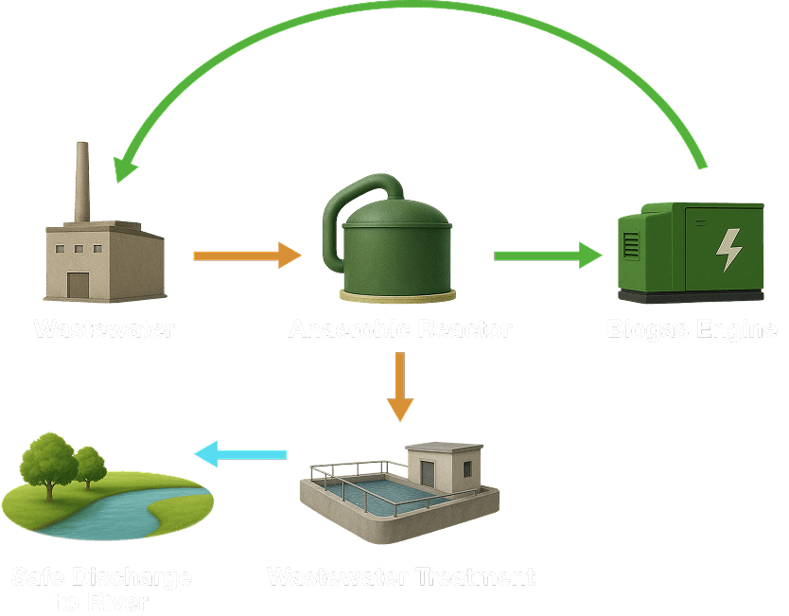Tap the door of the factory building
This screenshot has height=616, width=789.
(x=77, y=284)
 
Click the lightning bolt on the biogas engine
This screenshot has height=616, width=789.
(x=728, y=249)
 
